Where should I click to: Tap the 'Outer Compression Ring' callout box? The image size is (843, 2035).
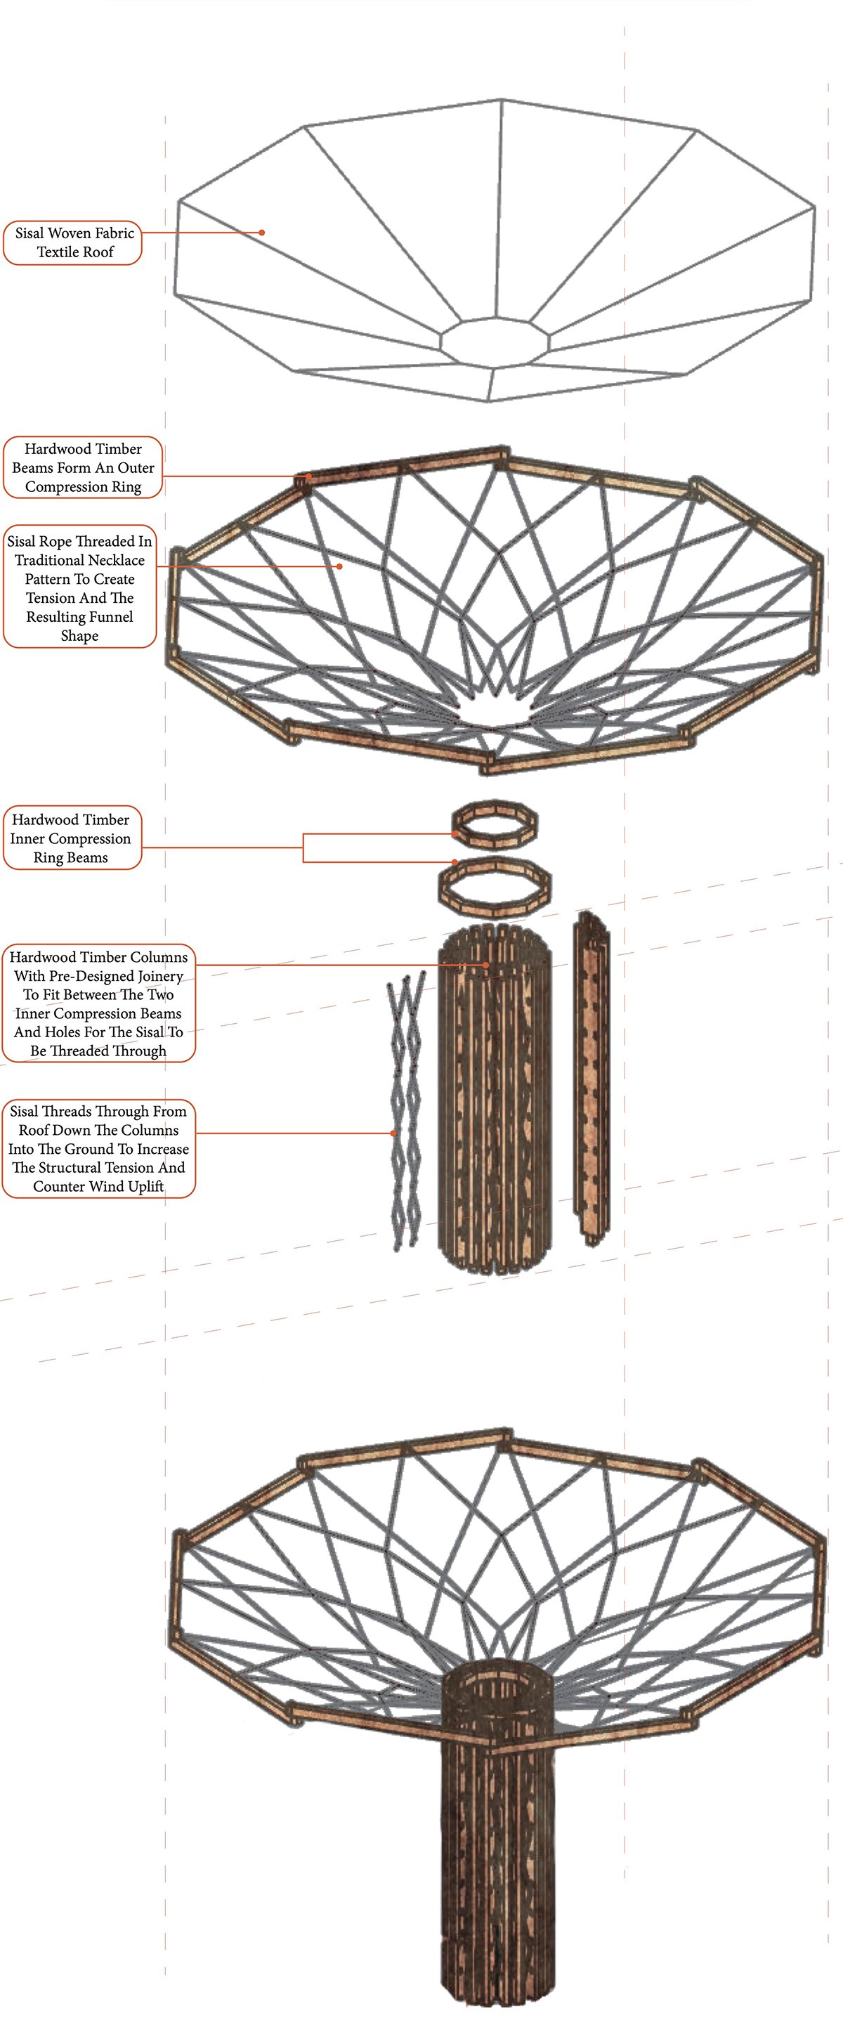click(x=83, y=468)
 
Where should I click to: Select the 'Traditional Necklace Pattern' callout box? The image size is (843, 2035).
click(x=80, y=587)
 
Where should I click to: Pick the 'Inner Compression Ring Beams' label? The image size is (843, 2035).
click(x=71, y=838)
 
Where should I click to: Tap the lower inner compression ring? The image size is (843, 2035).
click(x=495, y=884)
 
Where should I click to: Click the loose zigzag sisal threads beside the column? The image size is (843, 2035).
click(x=406, y=1114)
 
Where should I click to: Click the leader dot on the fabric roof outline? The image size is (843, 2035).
click(x=261, y=233)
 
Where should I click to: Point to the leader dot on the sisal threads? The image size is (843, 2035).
click(x=393, y=1133)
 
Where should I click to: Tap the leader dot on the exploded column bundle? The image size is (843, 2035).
click(x=487, y=966)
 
